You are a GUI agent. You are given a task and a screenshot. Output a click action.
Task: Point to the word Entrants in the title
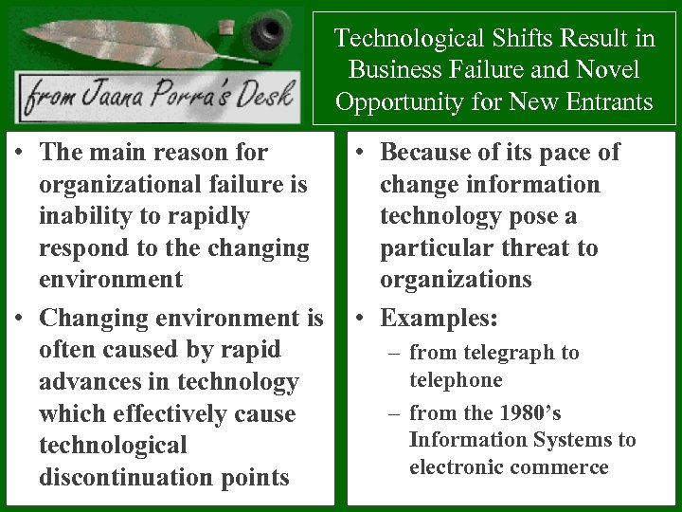pyautogui.click(x=603, y=101)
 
